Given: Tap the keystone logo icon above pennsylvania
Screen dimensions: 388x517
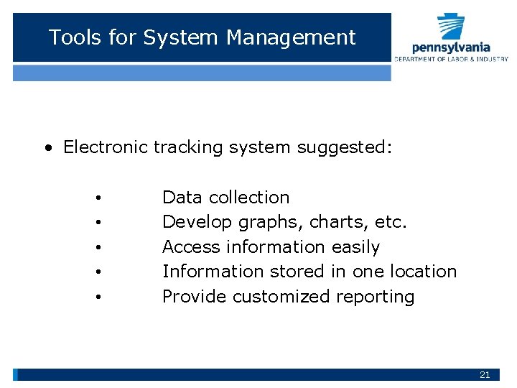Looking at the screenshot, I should pyautogui.click(x=452, y=27).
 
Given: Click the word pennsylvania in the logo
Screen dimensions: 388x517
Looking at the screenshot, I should pyautogui.click(x=452, y=47).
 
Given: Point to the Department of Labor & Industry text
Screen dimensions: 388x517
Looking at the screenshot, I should pyautogui.click(x=451, y=59).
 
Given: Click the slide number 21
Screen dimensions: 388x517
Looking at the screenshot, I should pyautogui.click(x=485, y=374).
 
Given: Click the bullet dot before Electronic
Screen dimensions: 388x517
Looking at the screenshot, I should pyautogui.click(x=47, y=148).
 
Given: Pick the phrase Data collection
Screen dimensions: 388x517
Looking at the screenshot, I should pyautogui.click(x=225, y=197).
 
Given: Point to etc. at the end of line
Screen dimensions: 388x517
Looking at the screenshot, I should pyautogui.click(x=391, y=222).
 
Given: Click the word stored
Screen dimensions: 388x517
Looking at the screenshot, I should pyautogui.click(x=298, y=272).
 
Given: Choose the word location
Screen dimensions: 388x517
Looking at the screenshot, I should pyautogui.click(x=423, y=272).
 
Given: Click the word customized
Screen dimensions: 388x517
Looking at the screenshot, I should pyautogui.click(x=284, y=296).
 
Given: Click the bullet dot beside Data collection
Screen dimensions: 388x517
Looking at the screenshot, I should pyautogui.click(x=97, y=198).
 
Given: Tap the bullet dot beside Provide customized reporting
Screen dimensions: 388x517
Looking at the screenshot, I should pyautogui.click(x=97, y=297).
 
